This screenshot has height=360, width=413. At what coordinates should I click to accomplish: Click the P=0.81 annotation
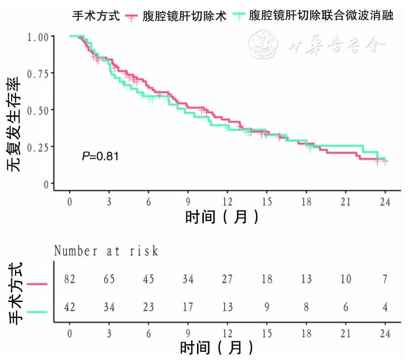click(100, 156)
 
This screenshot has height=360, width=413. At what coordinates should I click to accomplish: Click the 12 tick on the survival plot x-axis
click(228, 202)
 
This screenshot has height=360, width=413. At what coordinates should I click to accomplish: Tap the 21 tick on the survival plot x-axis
click(345, 202)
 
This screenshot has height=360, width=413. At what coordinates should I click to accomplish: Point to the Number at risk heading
click(106, 251)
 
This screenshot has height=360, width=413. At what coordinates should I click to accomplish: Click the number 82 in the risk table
click(70, 279)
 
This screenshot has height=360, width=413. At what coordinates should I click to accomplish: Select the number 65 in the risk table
click(109, 279)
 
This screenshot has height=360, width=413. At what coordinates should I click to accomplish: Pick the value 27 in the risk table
click(228, 279)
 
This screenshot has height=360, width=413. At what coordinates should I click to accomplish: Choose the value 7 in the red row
click(385, 279)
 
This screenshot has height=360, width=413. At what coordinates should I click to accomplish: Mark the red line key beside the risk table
click(38, 284)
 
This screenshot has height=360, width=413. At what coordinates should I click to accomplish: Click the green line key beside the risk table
click(38, 312)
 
